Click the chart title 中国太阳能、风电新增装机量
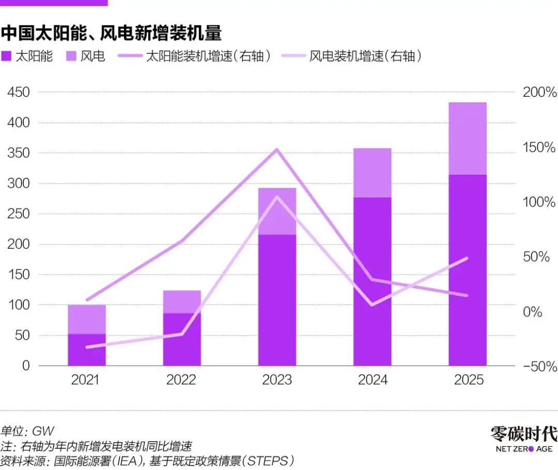click(x=111, y=34)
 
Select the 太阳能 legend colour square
click(x=6, y=56)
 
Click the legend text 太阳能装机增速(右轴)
click(x=209, y=56)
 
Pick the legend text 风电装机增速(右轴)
click(x=365, y=56)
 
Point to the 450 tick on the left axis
click(x=19, y=93)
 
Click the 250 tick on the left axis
click(x=19, y=214)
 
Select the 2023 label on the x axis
click(x=277, y=380)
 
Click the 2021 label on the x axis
click(x=86, y=380)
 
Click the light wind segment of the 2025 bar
click(x=468, y=139)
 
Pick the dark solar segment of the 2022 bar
click(x=182, y=339)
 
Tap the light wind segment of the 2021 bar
click(x=87, y=319)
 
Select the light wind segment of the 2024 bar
click(x=372, y=173)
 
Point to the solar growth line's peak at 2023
click(x=277, y=150)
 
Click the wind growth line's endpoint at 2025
click(x=467, y=258)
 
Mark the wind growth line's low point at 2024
click(x=372, y=305)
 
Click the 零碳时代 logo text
click(x=524, y=433)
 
